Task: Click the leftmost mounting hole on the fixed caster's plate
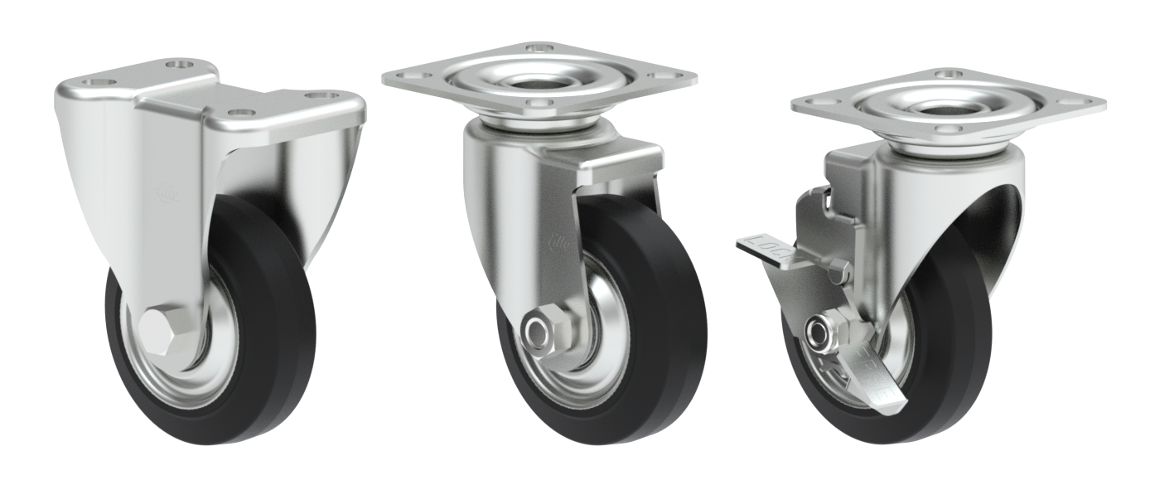point(98,83)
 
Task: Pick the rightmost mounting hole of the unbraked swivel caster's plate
point(663,75)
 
